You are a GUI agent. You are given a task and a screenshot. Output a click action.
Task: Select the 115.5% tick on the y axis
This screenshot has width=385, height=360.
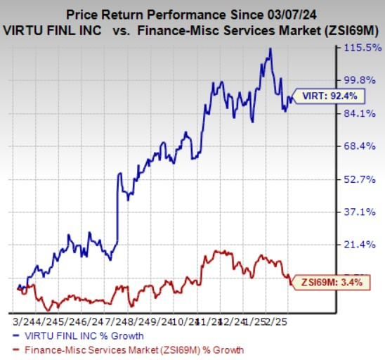click(366, 47)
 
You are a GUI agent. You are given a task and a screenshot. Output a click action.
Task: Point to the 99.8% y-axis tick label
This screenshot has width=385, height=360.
click(366, 80)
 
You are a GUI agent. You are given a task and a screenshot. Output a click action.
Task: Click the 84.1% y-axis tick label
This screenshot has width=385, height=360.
click(366, 113)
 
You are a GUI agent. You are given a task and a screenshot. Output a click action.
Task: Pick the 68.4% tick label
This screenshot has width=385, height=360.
click(366, 146)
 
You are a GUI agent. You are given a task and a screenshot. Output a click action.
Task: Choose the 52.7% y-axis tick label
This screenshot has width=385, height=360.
click(366, 179)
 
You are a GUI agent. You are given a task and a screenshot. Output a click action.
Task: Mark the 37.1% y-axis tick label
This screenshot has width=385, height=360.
click(366, 212)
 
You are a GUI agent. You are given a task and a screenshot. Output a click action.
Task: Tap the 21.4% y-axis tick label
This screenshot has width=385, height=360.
click(366, 245)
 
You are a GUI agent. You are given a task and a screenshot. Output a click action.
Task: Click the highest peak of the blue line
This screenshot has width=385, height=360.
click(270, 49)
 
